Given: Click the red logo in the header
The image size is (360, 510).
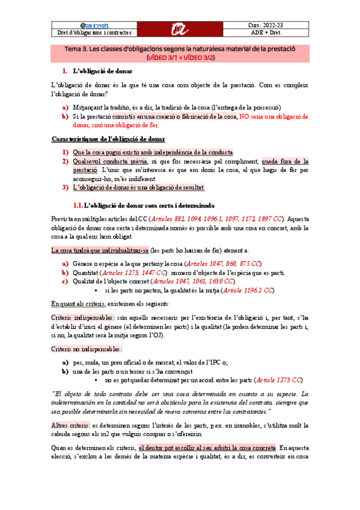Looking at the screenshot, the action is tap(179, 28).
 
